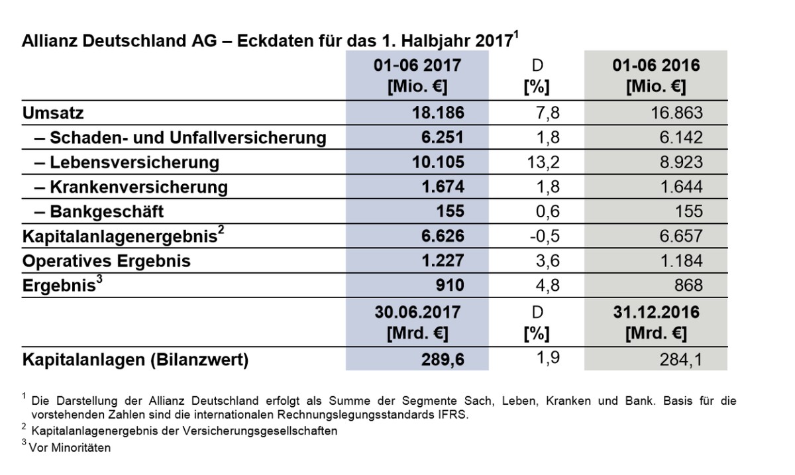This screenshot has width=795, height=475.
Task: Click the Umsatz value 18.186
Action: pyautogui.click(x=438, y=113)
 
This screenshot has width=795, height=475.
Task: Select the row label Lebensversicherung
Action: pyautogui.click(x=134, y=162)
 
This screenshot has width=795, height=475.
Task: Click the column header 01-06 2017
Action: pyautogui.click(x=417, y=66)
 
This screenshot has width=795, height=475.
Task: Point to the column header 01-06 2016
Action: pyautogui.click(x=656, y=66)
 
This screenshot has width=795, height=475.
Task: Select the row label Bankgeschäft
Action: pyautogui.click(x=106, y=211)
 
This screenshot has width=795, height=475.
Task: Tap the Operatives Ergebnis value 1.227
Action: pyautogui.click(x=443, y=260)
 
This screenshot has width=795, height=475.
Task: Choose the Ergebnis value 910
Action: pyautogui.click(x=450, y=286)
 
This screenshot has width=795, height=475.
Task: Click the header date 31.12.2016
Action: pyautogui.click(x=656, y=311)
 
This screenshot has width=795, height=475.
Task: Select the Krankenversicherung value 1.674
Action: pyautogui.click(x=443, y=187)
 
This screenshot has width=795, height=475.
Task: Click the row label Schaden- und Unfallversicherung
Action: pyautogui.click(x=187, y=138)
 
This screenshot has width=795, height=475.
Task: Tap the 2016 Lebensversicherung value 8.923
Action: pyautogui.click(x=679, y=162)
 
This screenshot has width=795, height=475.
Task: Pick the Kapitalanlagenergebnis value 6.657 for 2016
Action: pyautogui.click(x=679, y=236)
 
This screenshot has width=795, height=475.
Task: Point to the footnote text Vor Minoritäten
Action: pyautogui.click(x=70, y=447)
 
